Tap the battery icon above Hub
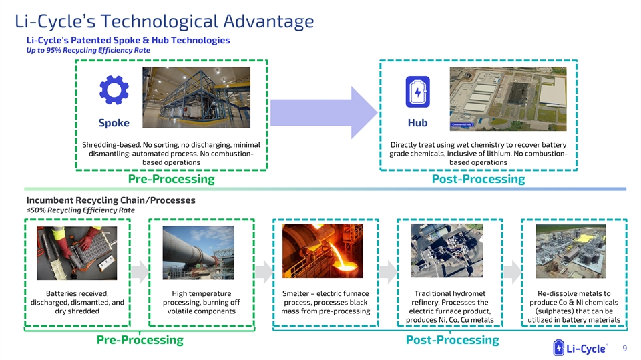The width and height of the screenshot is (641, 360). (x=417, y=92)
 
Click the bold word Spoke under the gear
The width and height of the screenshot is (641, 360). (x=114, y=123)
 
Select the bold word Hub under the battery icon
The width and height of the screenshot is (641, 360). (x=417, y=123)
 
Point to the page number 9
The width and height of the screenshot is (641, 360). (x=624, y=348)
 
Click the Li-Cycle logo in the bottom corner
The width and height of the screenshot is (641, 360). (x=580, y=348)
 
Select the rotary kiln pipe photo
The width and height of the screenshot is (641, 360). (x=201, y=254)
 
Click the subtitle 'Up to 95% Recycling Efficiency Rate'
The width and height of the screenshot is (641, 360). (x=87, y=50)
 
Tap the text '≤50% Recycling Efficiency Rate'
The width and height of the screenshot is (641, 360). (x=80, y=210)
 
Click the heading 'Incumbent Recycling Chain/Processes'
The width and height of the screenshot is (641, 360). (x=111, y=200)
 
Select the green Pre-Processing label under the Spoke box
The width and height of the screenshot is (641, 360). (x=171, y=179)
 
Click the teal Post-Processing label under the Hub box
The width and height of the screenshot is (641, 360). (x=478, y=179)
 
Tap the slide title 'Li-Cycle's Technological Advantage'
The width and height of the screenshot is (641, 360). (x=164, y=21)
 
